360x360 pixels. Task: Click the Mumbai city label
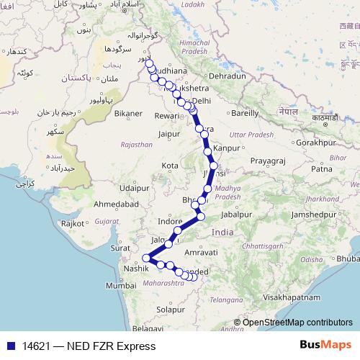click(120, 285)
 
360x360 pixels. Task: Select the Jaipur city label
click(169, 133)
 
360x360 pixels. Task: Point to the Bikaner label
click(128, 113)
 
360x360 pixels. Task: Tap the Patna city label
click(321, 168)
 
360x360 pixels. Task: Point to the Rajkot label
click(73, 223)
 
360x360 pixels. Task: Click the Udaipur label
click(135, 187)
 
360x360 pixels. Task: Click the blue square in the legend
click(7, 346)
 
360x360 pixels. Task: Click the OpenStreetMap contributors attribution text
click(297, 322)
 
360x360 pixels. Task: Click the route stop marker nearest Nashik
click(146, 258)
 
